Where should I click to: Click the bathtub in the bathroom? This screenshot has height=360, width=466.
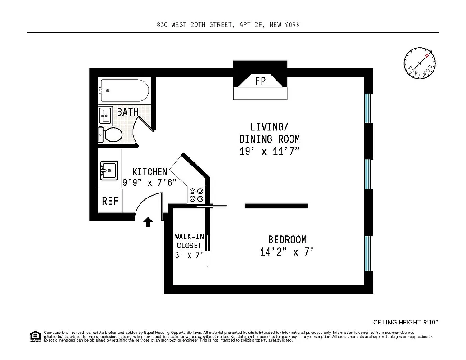point(124,90)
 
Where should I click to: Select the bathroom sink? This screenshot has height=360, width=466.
point(106,116)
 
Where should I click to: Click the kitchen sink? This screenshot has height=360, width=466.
point(109,171)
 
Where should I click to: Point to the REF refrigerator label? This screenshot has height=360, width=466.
point(110,201)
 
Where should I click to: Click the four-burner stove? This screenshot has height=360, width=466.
point(196,195)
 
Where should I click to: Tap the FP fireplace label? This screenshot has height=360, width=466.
point(260,81)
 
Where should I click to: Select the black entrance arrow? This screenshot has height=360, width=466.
point(148,222)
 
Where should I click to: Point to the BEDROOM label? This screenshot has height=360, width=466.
point(287,240)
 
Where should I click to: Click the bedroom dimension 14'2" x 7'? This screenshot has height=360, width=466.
point(286,252)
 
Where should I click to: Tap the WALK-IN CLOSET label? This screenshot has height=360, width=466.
point(189,241)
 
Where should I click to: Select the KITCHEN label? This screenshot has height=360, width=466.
point(149,171)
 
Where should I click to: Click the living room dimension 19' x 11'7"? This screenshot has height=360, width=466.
point(269,151)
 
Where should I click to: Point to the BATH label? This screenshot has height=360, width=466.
point(127,112)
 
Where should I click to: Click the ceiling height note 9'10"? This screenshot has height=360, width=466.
point(405,322)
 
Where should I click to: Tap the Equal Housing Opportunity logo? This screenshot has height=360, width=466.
point(35,336)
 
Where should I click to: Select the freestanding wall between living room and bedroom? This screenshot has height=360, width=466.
point(276,206)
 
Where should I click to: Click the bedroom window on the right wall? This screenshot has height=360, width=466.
point(368,253)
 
